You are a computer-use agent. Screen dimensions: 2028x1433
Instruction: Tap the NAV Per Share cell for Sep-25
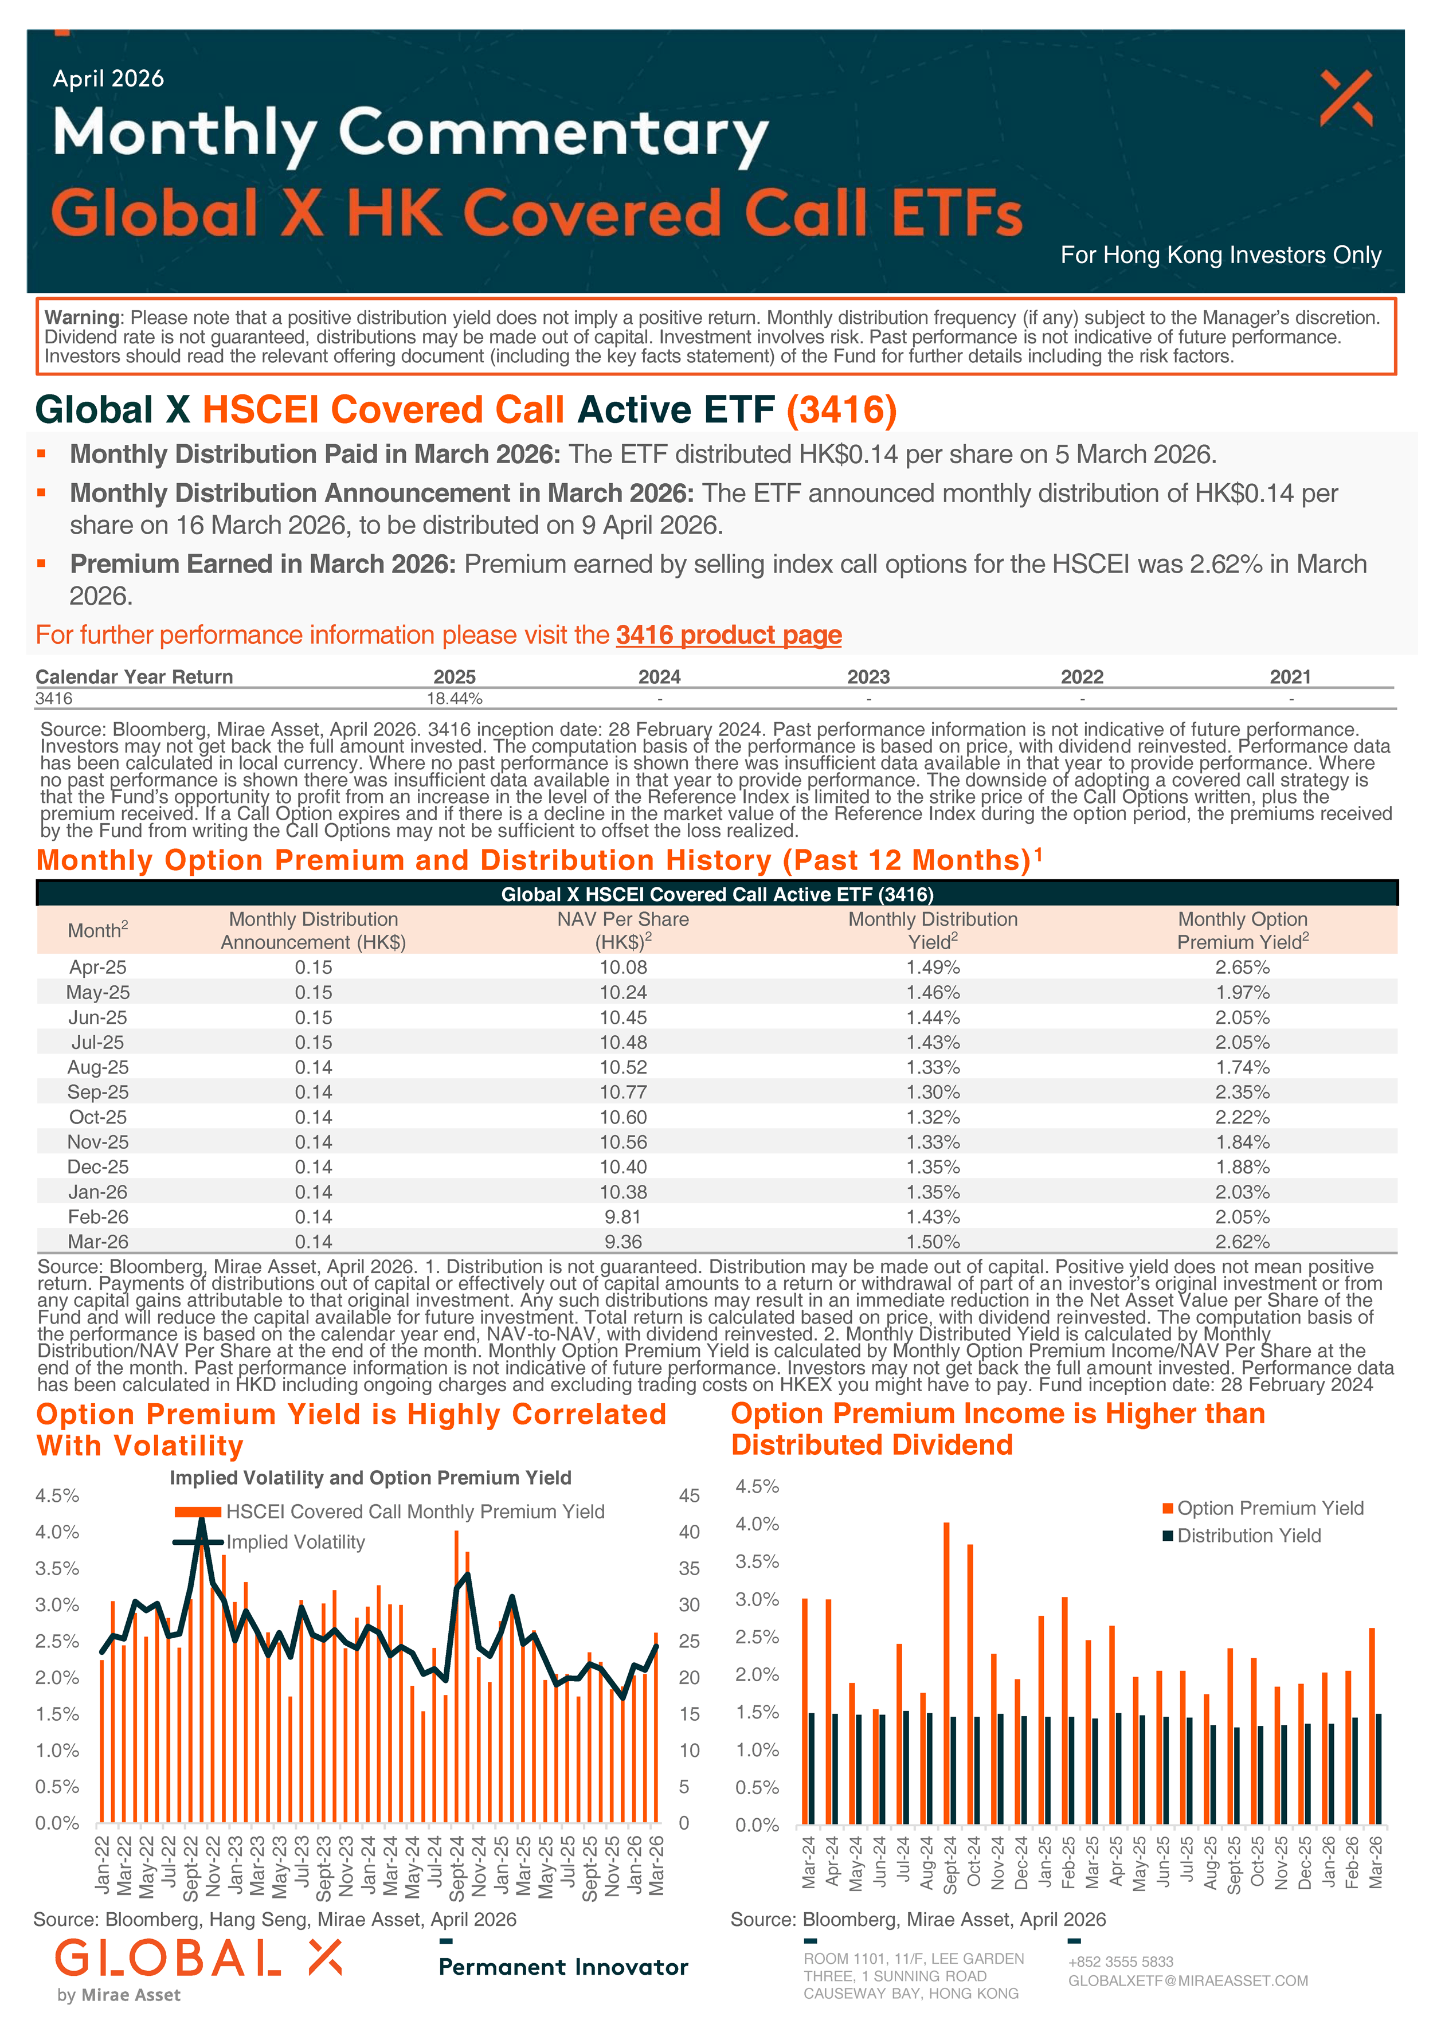[x=623, y=1092]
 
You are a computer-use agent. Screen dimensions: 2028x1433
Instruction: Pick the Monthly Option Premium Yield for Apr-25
[x=1242, y=967]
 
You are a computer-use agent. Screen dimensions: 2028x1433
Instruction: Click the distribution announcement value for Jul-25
[x=313, y=1042]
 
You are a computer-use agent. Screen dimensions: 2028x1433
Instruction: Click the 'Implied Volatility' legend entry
[x=295, y=1541]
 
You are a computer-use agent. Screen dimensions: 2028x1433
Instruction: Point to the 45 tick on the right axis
[x=689, y=1495]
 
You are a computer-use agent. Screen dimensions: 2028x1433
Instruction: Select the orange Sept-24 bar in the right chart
[x=946, y=1672]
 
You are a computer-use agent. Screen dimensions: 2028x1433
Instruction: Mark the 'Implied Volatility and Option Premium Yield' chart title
[x=370, y=1478]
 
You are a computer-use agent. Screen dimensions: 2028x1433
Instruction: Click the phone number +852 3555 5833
[x=1120, y=1962]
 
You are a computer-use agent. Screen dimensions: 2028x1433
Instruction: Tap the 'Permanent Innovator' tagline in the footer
[x=563, y=1967]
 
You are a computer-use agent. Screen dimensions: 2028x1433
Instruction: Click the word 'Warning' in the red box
[x=82, y=317]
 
